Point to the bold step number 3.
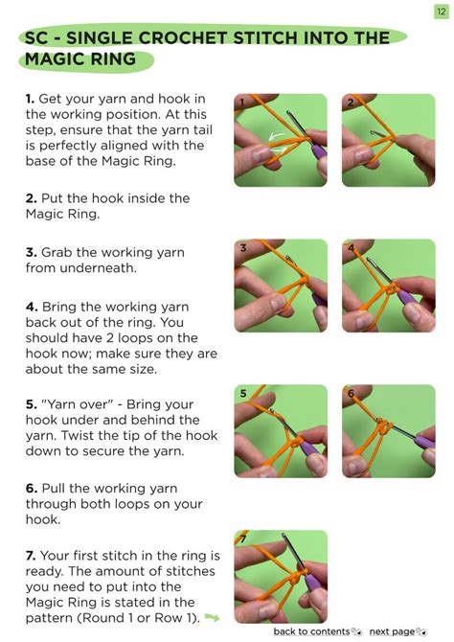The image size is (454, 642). pyautogui.click(x=31, y=253)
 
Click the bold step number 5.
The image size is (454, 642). pyautogui.click(x=31, y=404)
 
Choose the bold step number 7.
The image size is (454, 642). pyautogui.click(x=31, y=556)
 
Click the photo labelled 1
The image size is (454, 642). pyautogui.click(x=281, y=140)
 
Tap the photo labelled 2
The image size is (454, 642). pyautogui.click(x=388, y=140)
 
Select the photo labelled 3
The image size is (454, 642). pyautogui.click(x=281, y=286)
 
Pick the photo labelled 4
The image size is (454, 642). pyautogui.click(x=388, y=286)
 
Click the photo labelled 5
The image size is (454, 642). pyautogui.click(x=281, y=431)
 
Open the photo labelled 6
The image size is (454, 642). pyautogui.click(x=388, y=431)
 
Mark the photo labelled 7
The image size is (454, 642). pyautogui.click(x=281, y=576)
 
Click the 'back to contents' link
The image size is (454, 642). pyautogui.click(x=311, y=631)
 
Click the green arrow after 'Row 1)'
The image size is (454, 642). pyautogui.click(x=212, y=618)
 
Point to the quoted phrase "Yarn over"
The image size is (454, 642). pyautogui.click(x=77, y=404)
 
